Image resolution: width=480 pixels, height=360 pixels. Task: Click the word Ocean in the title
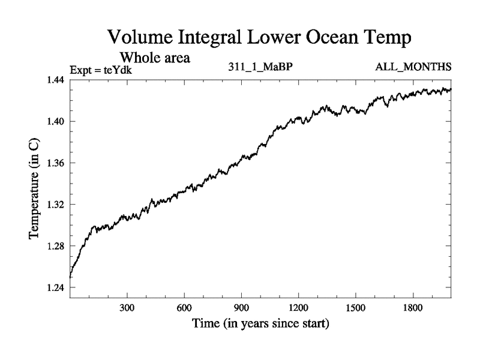332,37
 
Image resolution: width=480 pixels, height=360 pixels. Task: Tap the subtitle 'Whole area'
155,58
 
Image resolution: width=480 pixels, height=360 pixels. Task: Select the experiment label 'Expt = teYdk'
100,70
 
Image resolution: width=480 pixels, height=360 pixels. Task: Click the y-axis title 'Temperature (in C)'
35,188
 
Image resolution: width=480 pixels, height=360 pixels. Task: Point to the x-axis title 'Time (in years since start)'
260,325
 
